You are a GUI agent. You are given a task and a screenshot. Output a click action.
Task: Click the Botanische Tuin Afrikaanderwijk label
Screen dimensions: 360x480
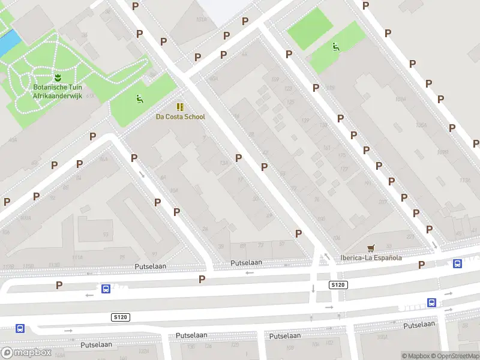pyautogui.click(x=58, y=91)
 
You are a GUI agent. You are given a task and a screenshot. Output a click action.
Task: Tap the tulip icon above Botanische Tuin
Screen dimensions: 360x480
pyautogui.click(x=58, y=77)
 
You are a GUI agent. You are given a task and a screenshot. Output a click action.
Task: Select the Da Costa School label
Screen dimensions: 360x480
pyautogui.click(x=180, y=117)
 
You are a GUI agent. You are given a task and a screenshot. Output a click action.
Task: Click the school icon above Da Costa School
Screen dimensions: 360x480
pyautogui.click(x=180, y=107)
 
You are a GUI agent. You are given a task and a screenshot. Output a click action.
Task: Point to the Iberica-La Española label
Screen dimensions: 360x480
pyautogui.click(x=371, y=258)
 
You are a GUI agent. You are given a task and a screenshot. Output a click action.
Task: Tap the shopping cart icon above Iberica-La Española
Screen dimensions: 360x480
pyautogui.click(x=371, y=248)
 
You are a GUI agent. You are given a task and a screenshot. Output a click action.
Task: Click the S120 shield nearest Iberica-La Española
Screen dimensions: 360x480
pyautogui.click(x=338, y=284)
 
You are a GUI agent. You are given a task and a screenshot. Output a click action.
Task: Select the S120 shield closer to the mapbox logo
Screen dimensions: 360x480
pyautogui.click(x=120, y=317)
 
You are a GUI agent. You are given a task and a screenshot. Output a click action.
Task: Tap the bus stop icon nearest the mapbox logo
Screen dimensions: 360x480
pyautogui.click(x=20, y=328)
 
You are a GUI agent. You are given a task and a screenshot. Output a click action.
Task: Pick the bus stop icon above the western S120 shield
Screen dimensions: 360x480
pyautogui.click(x=106, y=289)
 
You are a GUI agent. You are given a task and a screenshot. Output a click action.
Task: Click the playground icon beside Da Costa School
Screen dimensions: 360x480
pyautogui.click(x=139, y=100)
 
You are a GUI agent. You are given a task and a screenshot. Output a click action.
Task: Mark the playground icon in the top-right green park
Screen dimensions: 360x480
pyautogui.click(x=335, y=47)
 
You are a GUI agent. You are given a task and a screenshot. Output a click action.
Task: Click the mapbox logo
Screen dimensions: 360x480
pyautogui.click(x=26, y=352)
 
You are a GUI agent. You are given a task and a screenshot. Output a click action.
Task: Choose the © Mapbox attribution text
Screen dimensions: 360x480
pyautogui.click(x=416, y=356)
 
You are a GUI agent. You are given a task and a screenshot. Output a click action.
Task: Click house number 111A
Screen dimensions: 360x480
pyautogui.click(x=77, y=257)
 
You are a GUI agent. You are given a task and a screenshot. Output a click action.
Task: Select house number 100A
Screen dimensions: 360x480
pyautogui.click(x=382, y=337)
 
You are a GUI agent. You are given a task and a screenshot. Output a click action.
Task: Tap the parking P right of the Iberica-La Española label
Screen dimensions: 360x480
pyautogui.click(x=422, y=264)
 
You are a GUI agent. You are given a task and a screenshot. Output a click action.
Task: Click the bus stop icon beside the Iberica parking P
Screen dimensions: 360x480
pyautogui.click(x=457, y=263)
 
